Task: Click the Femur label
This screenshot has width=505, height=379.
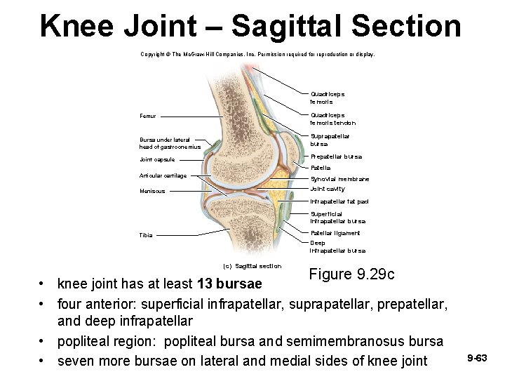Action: tap(147, 117)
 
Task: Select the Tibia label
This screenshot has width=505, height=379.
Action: tap(145, 235)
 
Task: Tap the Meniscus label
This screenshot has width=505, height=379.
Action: tap(152, 191)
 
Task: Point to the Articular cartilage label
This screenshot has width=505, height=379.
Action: tap(163, 175)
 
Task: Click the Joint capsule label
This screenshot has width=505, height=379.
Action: tap(157, 160)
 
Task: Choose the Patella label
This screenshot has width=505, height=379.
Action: tap(320, 168)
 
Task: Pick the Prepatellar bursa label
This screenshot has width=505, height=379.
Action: tap(336, 157)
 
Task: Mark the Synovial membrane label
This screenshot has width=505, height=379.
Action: tap(339, 179)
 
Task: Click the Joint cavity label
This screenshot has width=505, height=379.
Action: tap(328, 189)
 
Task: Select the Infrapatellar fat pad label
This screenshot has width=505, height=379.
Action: tap(339, 201)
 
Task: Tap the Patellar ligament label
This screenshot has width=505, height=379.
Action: tap(335, 233)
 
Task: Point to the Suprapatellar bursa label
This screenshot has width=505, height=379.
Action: tap(330, 140)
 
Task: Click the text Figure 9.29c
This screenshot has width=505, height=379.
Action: tap(351, 274)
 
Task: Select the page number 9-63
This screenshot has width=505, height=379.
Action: tap(477, 359)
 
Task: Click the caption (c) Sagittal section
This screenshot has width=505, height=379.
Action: tap(252, 266)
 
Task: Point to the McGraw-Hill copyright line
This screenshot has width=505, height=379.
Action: tap(257, 54)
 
